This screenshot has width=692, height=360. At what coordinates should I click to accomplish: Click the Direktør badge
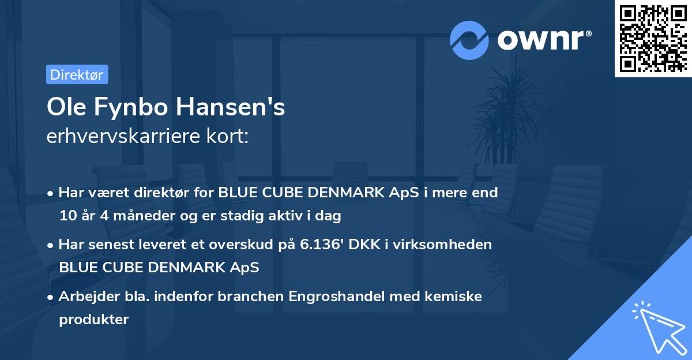click(77, 75)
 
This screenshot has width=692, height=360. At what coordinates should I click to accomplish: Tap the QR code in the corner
click(653, 38)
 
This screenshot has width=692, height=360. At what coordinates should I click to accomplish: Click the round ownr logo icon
click(469, 40)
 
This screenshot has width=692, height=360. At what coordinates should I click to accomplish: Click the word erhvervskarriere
click(118, 136)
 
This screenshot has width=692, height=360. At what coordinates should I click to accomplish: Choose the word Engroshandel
click(337, 297)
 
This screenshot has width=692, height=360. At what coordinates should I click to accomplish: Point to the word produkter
click(93, 319)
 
